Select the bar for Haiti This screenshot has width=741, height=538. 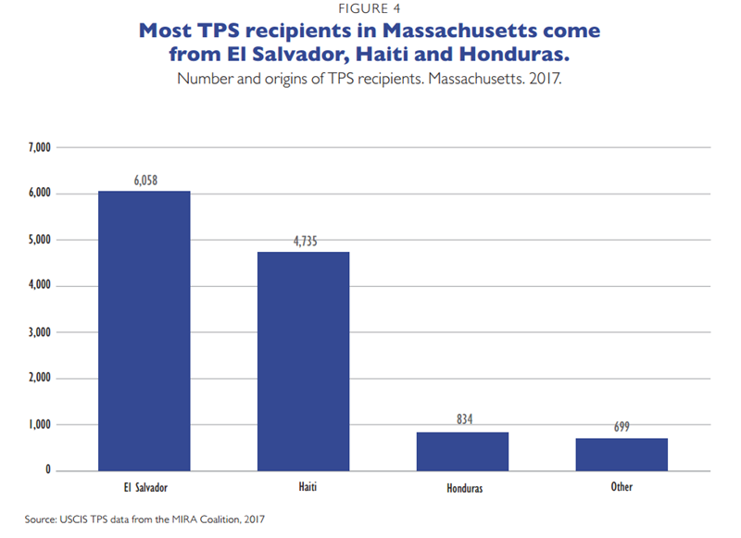coord(303,361)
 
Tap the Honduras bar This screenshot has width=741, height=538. coord(462,451)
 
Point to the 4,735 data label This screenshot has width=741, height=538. coord(303,242)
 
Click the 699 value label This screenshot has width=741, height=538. coord(622,427)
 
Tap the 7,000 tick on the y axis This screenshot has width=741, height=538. coord(40,148)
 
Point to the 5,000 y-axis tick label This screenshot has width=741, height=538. coord(40,240)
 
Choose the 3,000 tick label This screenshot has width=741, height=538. coord(40,332)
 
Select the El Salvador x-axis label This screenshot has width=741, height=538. coord(144,486)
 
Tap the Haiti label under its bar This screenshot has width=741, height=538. coord(303,486)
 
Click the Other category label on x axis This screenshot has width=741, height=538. coord(622,486)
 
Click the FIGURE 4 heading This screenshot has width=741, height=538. coord(370,9)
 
